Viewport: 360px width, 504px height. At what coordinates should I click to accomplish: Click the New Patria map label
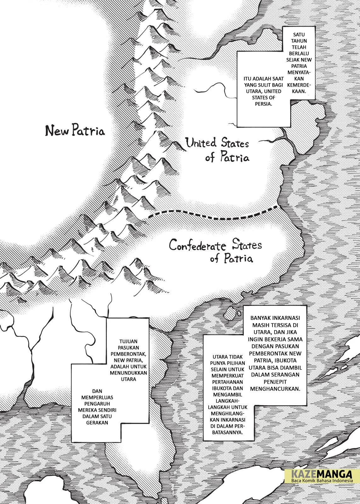click(75, 130)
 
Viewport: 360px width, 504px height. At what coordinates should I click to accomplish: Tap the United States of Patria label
click(217, 150)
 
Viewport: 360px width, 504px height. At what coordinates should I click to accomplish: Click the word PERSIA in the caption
click(263, 104)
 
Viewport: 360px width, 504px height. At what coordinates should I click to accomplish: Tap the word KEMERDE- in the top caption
click(297, 85)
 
